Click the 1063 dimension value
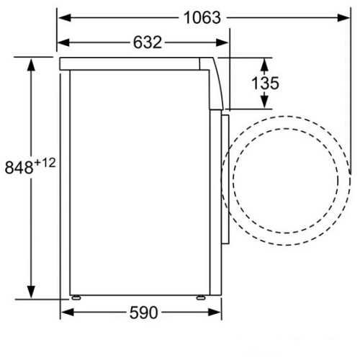202,18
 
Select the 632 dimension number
148,42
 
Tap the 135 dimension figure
265,83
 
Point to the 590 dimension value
144,312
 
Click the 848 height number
19,167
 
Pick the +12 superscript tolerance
45,163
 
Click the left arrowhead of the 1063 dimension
65,18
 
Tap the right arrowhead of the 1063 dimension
343,18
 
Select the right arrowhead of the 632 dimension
222,42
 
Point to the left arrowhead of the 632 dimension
63,42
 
